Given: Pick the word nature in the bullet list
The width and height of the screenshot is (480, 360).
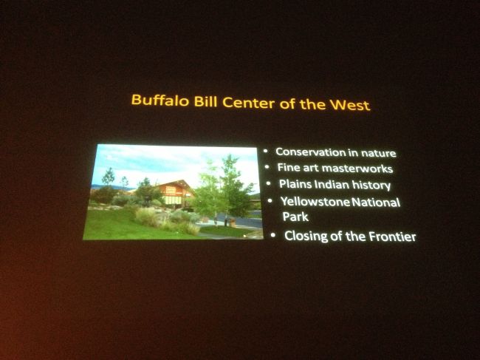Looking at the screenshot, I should point(380,153).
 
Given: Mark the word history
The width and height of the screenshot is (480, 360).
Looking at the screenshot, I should point(372,185).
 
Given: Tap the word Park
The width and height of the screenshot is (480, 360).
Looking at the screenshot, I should point(292,218).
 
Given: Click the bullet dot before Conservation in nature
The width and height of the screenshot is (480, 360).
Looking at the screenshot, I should point(267,151).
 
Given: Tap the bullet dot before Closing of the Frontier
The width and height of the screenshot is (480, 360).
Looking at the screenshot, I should point(273,235).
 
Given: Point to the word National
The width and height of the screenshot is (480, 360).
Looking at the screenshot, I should point(379,202).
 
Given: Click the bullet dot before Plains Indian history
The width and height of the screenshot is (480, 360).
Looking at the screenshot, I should point(269,183).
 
